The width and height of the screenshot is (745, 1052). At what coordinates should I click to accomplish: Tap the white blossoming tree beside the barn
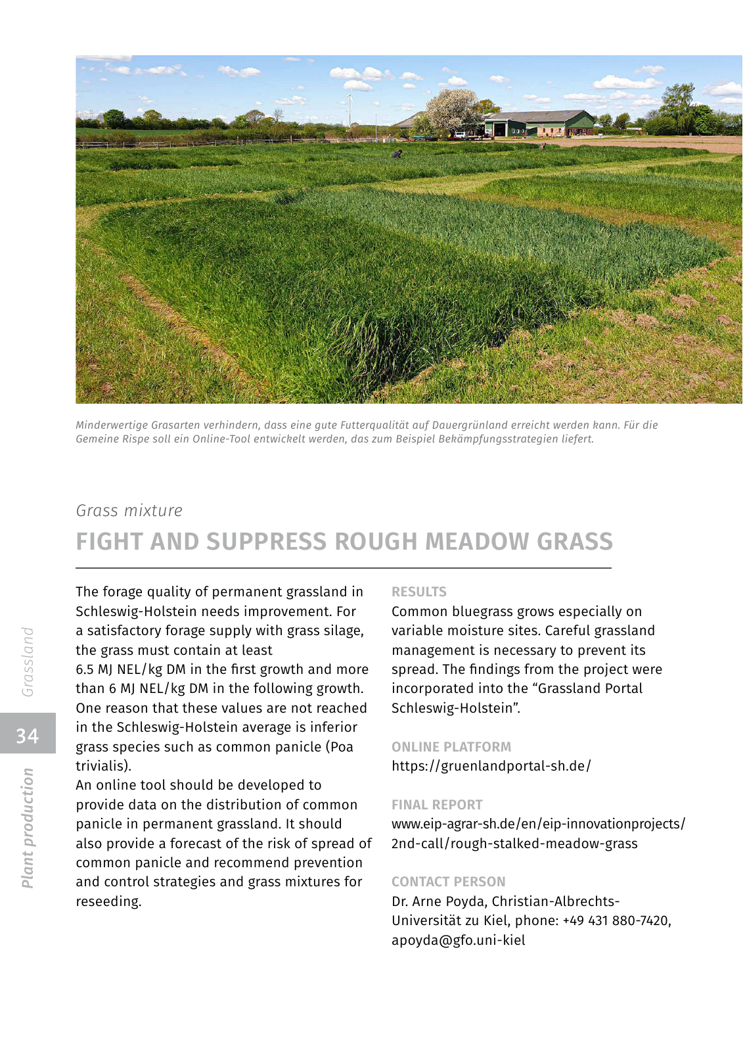pos(453,110)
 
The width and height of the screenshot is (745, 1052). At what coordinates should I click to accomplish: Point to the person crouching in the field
pos(397,154)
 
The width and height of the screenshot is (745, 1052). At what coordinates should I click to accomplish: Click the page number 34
pos(28,735)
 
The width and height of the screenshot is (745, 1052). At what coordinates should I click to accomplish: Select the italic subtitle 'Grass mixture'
pos(129,511)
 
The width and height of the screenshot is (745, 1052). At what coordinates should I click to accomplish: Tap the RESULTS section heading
pos(419,592)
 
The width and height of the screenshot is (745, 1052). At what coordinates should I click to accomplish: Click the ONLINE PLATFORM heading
pos(451,747)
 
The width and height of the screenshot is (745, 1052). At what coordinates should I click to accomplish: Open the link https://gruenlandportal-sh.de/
pos(491,766)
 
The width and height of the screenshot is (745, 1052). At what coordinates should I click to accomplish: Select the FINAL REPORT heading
pos(437,805)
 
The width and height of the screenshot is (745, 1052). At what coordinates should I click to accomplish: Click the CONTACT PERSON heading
pos(449,882)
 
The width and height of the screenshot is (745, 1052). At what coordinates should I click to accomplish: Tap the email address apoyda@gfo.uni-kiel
pos(459,940)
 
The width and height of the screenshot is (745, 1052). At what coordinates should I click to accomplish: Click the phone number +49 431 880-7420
pos(616,920)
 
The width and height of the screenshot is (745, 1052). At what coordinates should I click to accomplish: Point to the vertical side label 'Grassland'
pos(28,661)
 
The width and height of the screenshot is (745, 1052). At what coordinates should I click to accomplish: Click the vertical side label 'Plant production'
pos(28,828)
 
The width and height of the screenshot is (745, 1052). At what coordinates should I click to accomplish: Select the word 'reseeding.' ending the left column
pos(109,901)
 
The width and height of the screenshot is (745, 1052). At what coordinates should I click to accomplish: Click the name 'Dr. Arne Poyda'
pos(438,901)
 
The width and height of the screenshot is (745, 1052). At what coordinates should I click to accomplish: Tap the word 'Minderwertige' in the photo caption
pos(111,425)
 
